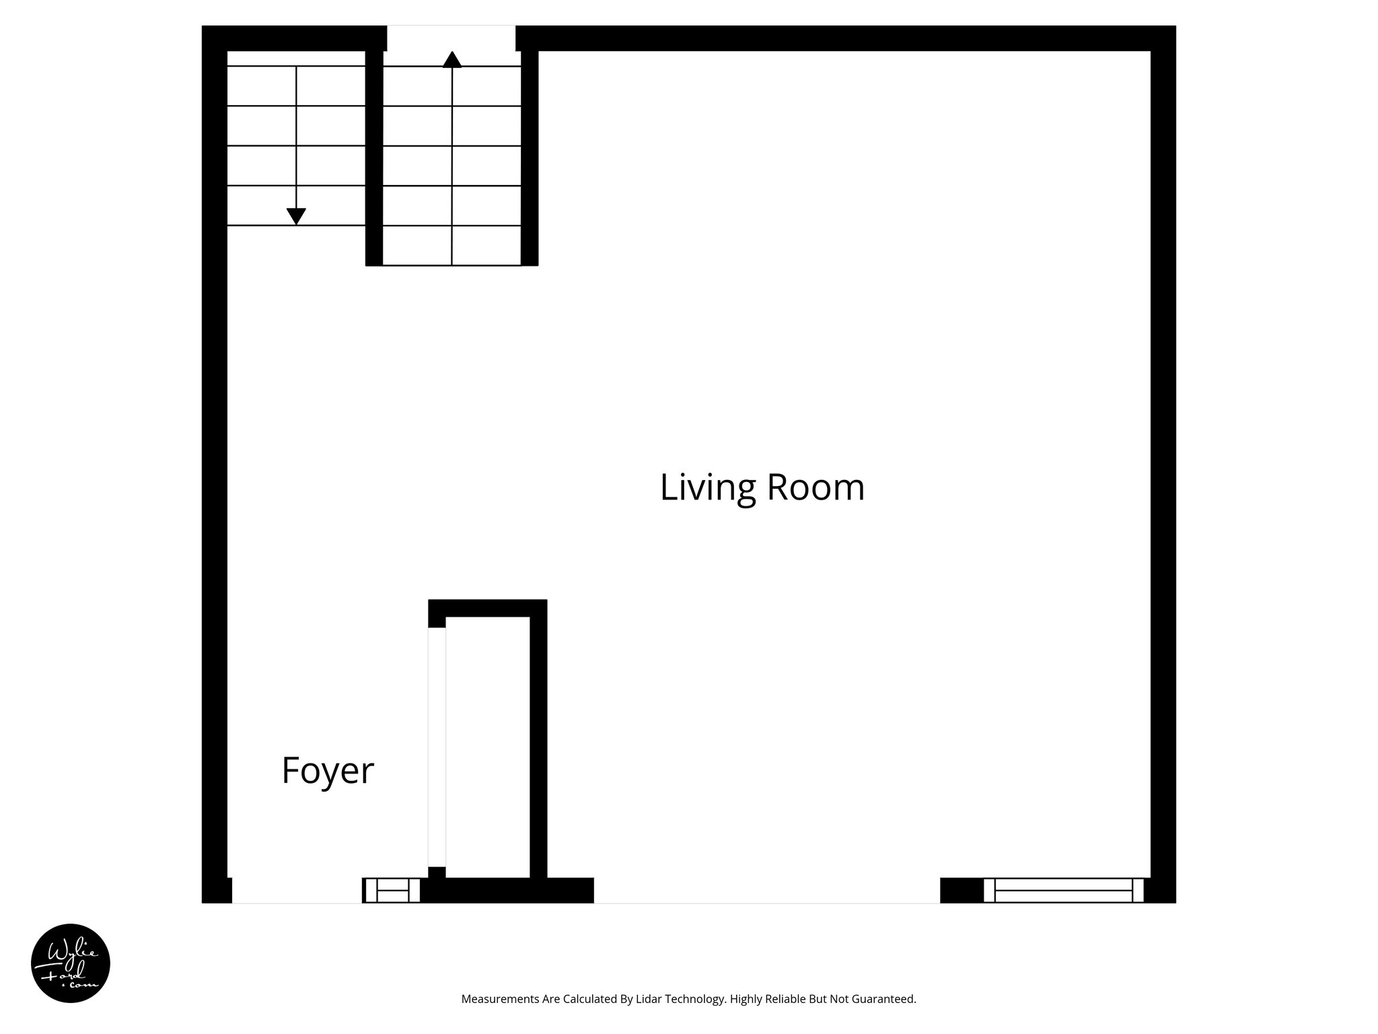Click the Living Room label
[x=762, y=487]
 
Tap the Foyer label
[x=327, y=771]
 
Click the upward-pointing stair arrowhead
[x=452, y=60]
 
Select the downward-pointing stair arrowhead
[x=296, y=216]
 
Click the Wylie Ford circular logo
[x=70, y=963]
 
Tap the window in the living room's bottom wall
[x=1063, y=890]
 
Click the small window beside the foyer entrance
[x=392, y=890]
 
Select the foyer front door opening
[x=297, y=890]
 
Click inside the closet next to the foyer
[x=487, y=747]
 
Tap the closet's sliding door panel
[x=437, y=747]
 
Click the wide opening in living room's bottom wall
[x=766, y=890]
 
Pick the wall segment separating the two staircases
[x=374, y=158]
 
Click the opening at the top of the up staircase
[x=451, y=38]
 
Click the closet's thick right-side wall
[x=538, y=740]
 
